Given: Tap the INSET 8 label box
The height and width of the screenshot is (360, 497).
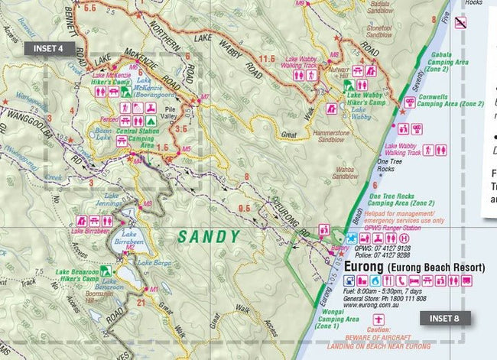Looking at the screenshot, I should (443, 318).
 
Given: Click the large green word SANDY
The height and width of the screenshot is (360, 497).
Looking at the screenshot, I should (209, 237).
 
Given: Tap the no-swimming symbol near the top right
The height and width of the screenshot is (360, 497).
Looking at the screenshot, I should (462, 24).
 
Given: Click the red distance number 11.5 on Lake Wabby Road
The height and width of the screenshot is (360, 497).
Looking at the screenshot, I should (267, 58).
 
